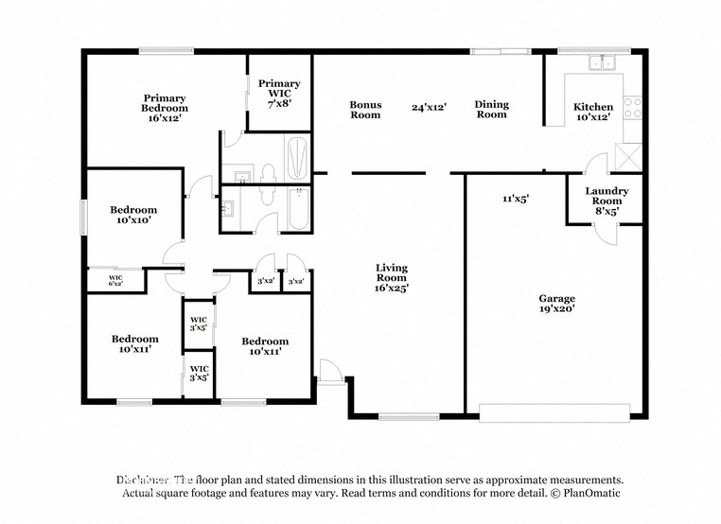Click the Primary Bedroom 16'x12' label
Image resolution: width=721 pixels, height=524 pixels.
165,108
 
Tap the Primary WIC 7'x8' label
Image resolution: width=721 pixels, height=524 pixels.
279,93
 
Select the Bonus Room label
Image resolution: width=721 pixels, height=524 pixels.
365,110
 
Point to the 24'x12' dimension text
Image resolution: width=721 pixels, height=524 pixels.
429,107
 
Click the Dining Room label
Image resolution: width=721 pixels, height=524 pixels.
491,110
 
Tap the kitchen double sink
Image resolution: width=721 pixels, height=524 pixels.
601,63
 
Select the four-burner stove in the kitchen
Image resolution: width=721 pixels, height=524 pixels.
633,107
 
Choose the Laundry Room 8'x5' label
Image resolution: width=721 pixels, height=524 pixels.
606,201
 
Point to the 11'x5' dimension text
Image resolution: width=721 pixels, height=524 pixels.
515,199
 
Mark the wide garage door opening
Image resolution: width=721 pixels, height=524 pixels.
554,412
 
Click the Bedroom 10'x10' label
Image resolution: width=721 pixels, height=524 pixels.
133,215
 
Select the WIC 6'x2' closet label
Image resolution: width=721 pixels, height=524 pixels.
115,281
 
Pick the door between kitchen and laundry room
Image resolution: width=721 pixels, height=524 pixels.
596,167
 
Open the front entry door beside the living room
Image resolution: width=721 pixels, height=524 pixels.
329,372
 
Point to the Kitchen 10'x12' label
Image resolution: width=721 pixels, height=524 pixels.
593,112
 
